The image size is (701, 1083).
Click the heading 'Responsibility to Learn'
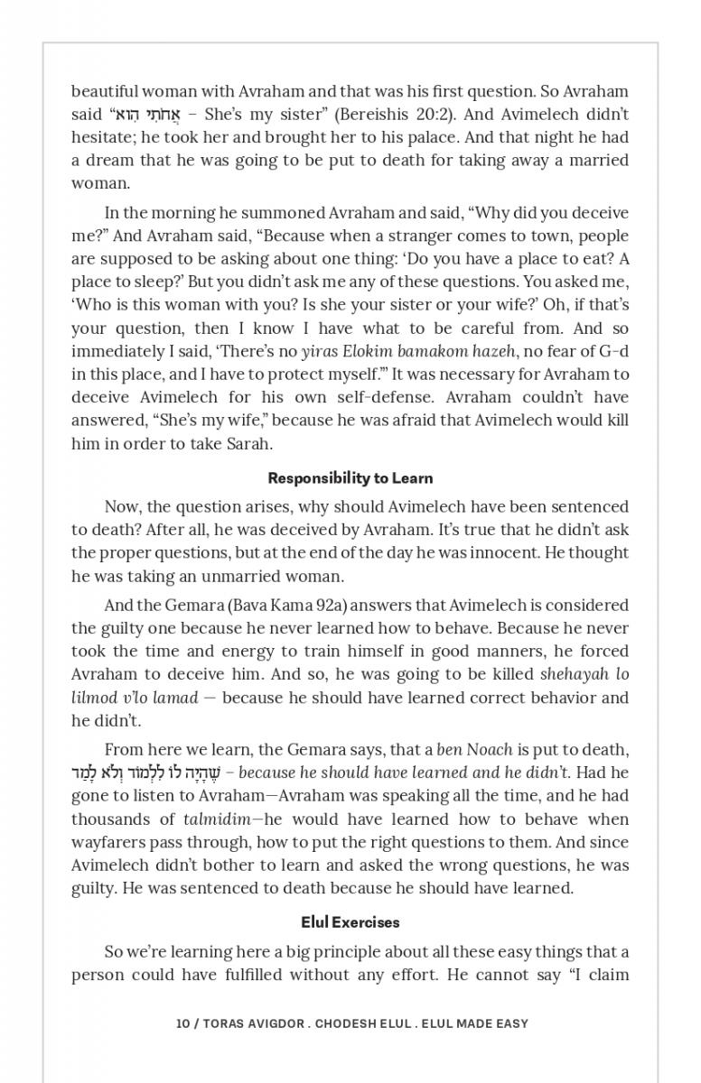click(x=350, y=478)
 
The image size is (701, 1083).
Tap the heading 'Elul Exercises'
click(x=350, y=922)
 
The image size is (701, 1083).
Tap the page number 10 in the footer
click(x=182, y=1023)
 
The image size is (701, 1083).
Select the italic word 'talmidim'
click(x=218, y=819)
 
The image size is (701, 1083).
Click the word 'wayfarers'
click(x=107, y=842)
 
